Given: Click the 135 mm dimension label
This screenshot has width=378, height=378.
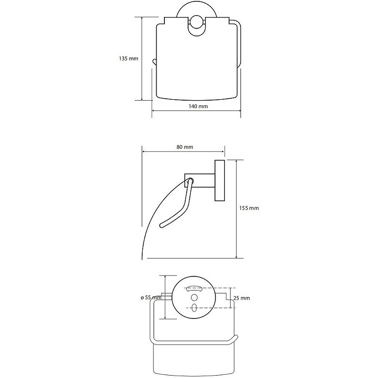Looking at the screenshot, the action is [129, 58].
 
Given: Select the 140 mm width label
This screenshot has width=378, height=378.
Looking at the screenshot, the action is [198, 106].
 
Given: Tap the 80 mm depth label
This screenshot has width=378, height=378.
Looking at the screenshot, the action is [185, 147].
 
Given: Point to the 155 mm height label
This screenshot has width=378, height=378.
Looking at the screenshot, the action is [249, 208].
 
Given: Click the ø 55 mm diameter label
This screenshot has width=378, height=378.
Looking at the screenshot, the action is [151, 298].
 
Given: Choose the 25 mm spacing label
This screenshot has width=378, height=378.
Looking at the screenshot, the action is [241, 298].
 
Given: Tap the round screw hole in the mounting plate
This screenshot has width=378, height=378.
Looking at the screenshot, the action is [194, 298].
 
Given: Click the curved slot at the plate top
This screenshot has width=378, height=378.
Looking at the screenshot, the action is [194, 288].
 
